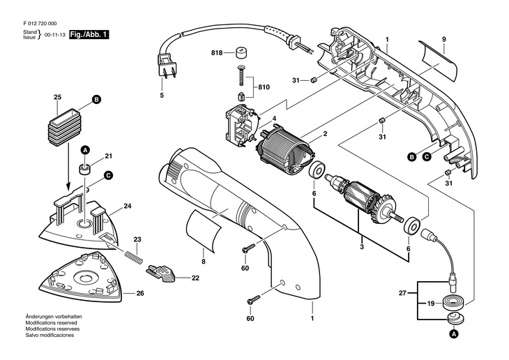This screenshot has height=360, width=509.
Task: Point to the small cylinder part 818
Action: (x=241, y=53)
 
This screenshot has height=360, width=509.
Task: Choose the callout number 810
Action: (x=263, y=87)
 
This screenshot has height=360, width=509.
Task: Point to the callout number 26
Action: (x=139, y=293)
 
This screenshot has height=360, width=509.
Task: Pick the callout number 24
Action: (x=128, y=206)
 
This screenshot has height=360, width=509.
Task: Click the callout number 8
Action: (x=204, y=262)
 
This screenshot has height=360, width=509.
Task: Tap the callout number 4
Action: (x=275, y=119)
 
